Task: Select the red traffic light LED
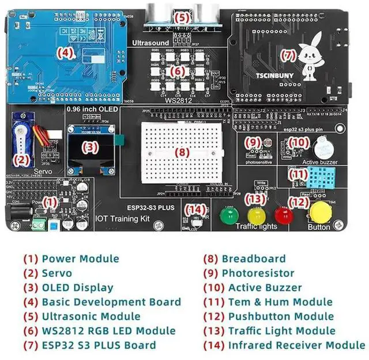(283, 215)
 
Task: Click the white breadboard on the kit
(181, 152)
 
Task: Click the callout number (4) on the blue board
(66, 53)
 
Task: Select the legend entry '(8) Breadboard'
(245, 259)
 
